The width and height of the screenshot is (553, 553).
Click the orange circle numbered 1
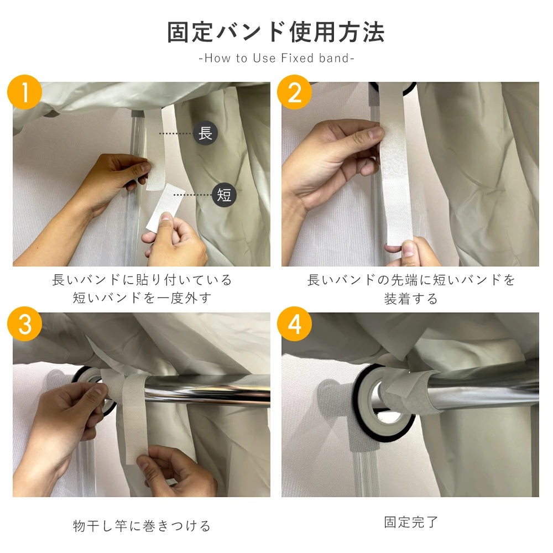25,92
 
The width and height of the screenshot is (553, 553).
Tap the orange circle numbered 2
295,92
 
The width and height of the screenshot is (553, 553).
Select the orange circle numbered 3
25,324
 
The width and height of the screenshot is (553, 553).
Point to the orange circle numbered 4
295,324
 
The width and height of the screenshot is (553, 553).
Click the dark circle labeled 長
205,133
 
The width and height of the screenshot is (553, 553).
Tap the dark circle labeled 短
225,195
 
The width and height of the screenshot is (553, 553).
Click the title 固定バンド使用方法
276,32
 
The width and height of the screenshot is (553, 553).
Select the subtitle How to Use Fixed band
276,58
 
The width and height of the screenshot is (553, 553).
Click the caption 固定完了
411,523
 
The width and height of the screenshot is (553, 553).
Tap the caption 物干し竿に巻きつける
142,526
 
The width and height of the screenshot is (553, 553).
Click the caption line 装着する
411,299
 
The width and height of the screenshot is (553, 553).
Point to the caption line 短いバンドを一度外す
142,298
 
